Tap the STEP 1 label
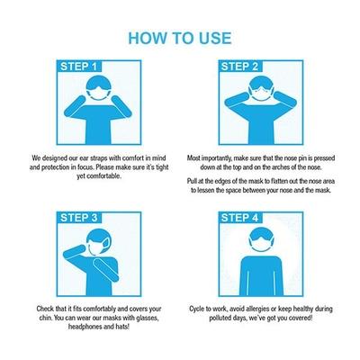click(x=80, y=67)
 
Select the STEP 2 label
click(x=239, y=67)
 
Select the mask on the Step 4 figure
click(x=261, y=247)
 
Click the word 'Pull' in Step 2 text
click(x=193, y=180)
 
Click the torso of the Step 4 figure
click(x=261, y=274)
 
